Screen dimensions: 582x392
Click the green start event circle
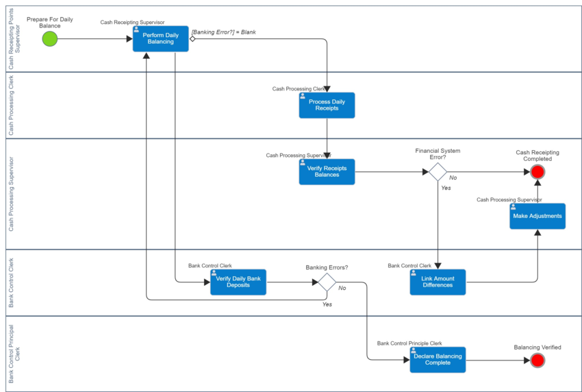pyautogui.click(x=50, y=38)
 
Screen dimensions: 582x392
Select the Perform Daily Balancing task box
pyautogui.click(x=161, y=38)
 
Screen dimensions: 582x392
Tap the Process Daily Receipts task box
pyautogui.click(x=327, y=105)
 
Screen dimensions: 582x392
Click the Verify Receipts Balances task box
pyautogui.click(x=327, y=171)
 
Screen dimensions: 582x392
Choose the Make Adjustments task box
pyautogui.click(x=537, y=217)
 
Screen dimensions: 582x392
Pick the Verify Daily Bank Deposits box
pyautogui.click(x=238, y=282)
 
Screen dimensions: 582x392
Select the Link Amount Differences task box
pyautogui.click(x=438, y=282)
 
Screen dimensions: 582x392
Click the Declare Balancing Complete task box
pyautogui.click(x=438, y=360)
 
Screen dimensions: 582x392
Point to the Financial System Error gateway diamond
pyautogui.click(x=438, y=171)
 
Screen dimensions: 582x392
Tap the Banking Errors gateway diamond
pyautogui.click(x=327, y=282)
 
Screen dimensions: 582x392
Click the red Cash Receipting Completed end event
pyautogui.click(x=537, y=171)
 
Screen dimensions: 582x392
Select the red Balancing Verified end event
pyautogui.click(x=537, y=360)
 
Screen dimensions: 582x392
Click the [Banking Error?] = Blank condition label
pyautogui.click(x=223, y=32)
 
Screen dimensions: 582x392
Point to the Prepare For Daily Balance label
pyautogui.click(x=50, y=23)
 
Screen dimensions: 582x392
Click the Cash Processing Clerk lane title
pyautogui.click(x=11, y=105)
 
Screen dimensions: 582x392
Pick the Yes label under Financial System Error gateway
pyautogui.click(x=446, y=188)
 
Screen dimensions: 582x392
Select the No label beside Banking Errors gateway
pyautogui.click(x=342, y=288)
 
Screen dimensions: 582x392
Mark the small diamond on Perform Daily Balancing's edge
pyautogui.click(x=192, y=38)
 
